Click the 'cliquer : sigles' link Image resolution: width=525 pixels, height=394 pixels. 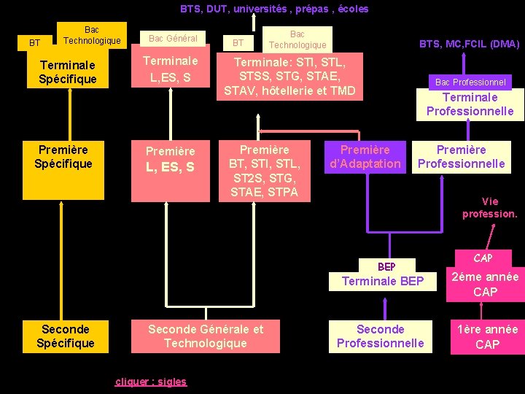click(151, 382)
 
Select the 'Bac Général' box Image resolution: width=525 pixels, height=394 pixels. click(173, 38)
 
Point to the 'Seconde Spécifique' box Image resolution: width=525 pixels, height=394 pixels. click(66, 336)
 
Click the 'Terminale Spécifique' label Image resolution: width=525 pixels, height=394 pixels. click(67, 72)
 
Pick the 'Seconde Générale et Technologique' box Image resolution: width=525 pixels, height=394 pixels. click(206, 336)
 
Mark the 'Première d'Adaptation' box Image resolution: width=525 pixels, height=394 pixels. click(365, 157)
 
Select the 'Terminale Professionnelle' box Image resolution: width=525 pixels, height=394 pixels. click(470, 104)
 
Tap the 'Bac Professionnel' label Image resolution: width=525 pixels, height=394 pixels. click(470, 82)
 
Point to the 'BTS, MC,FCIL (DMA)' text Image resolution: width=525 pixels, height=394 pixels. click(469, 44)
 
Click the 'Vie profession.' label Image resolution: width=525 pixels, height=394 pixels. click(489, 208)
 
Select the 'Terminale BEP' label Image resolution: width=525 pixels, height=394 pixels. click(383, 281)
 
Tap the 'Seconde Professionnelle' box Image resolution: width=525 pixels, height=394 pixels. click(380, 336)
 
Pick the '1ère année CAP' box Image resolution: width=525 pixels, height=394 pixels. click(487, 336)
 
